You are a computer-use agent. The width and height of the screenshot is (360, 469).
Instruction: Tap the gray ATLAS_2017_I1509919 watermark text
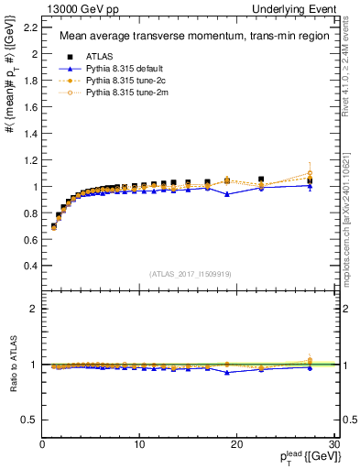(190, 272)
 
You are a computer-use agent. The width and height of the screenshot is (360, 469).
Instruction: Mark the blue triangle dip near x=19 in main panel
(226, 194)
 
